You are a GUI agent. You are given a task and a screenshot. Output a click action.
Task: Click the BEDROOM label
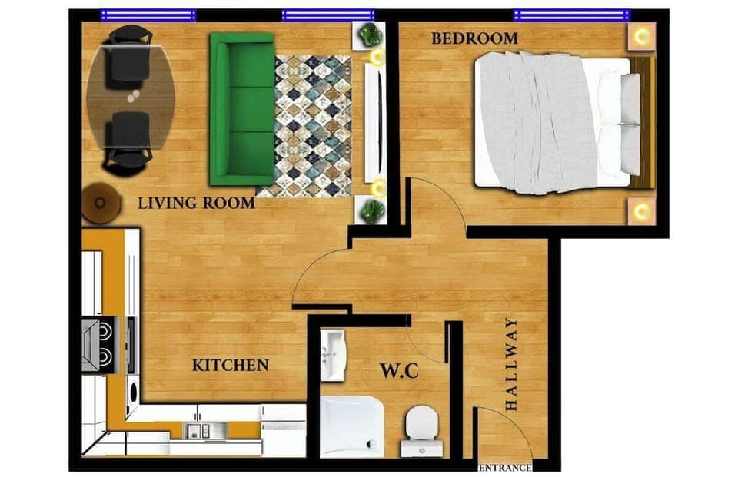click(x=474, y=38)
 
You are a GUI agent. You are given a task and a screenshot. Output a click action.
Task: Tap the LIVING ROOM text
click(x=196, y=204)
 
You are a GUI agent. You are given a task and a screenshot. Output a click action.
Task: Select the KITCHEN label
click(x=230, y=366)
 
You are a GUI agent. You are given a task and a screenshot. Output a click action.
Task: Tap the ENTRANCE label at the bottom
click(x=505, y=467)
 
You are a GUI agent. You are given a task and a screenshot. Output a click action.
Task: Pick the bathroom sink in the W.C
click(x=334, y=355)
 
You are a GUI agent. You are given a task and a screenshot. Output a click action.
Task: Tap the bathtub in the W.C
click(x=351, y=426)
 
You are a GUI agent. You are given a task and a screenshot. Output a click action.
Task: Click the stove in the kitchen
click(x=98, y=345)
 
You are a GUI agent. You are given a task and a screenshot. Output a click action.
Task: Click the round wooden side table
click(x=101, y=204)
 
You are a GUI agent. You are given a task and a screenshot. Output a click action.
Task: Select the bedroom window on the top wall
click(x=571, y=15)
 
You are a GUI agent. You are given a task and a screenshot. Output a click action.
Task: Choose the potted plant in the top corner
click(x=372, y=34)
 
